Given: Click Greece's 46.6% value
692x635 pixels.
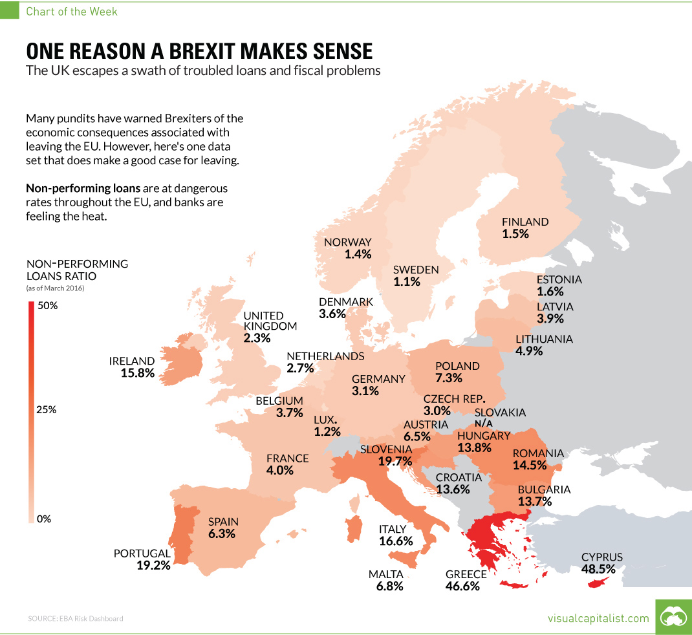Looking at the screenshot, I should pos(462,587).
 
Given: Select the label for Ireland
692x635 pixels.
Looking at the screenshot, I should pos(132,361).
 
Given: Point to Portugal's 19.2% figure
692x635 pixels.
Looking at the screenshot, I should pos(153,565).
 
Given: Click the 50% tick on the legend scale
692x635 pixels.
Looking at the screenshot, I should pos(48,305).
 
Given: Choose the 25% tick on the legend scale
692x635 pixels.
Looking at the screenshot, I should pos(48,410).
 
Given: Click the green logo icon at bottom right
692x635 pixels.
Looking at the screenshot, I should pos(673,618).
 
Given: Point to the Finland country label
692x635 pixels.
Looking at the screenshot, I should pos(525,221).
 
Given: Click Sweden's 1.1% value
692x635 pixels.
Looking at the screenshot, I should pos(406,282).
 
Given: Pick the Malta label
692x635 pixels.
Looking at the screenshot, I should pos(386,574).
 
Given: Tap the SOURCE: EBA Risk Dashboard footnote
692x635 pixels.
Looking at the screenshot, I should pos(75,619).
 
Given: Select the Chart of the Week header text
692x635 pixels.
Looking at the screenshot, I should pos(72,12).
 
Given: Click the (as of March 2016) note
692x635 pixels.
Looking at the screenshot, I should pos(55,288).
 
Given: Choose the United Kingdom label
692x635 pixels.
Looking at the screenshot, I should pos(270,321).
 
